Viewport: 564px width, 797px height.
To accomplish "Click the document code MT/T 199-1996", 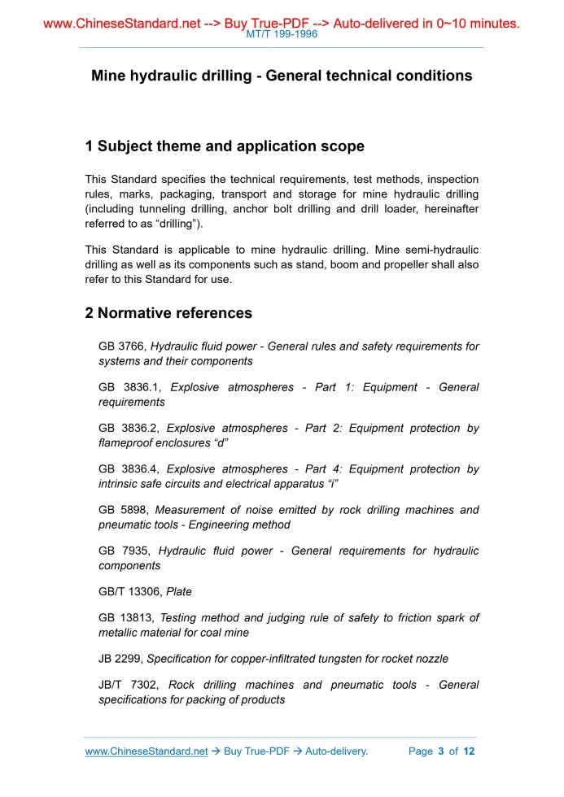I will [282, 34].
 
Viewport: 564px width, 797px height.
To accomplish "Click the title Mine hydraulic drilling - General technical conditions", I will [282, 76].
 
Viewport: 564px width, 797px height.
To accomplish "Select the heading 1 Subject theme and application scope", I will [225, 146].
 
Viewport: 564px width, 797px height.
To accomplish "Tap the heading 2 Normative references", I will [168, 313].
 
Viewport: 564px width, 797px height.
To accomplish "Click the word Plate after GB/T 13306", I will [179, 592].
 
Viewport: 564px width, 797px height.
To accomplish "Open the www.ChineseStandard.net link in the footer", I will [146, 751].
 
